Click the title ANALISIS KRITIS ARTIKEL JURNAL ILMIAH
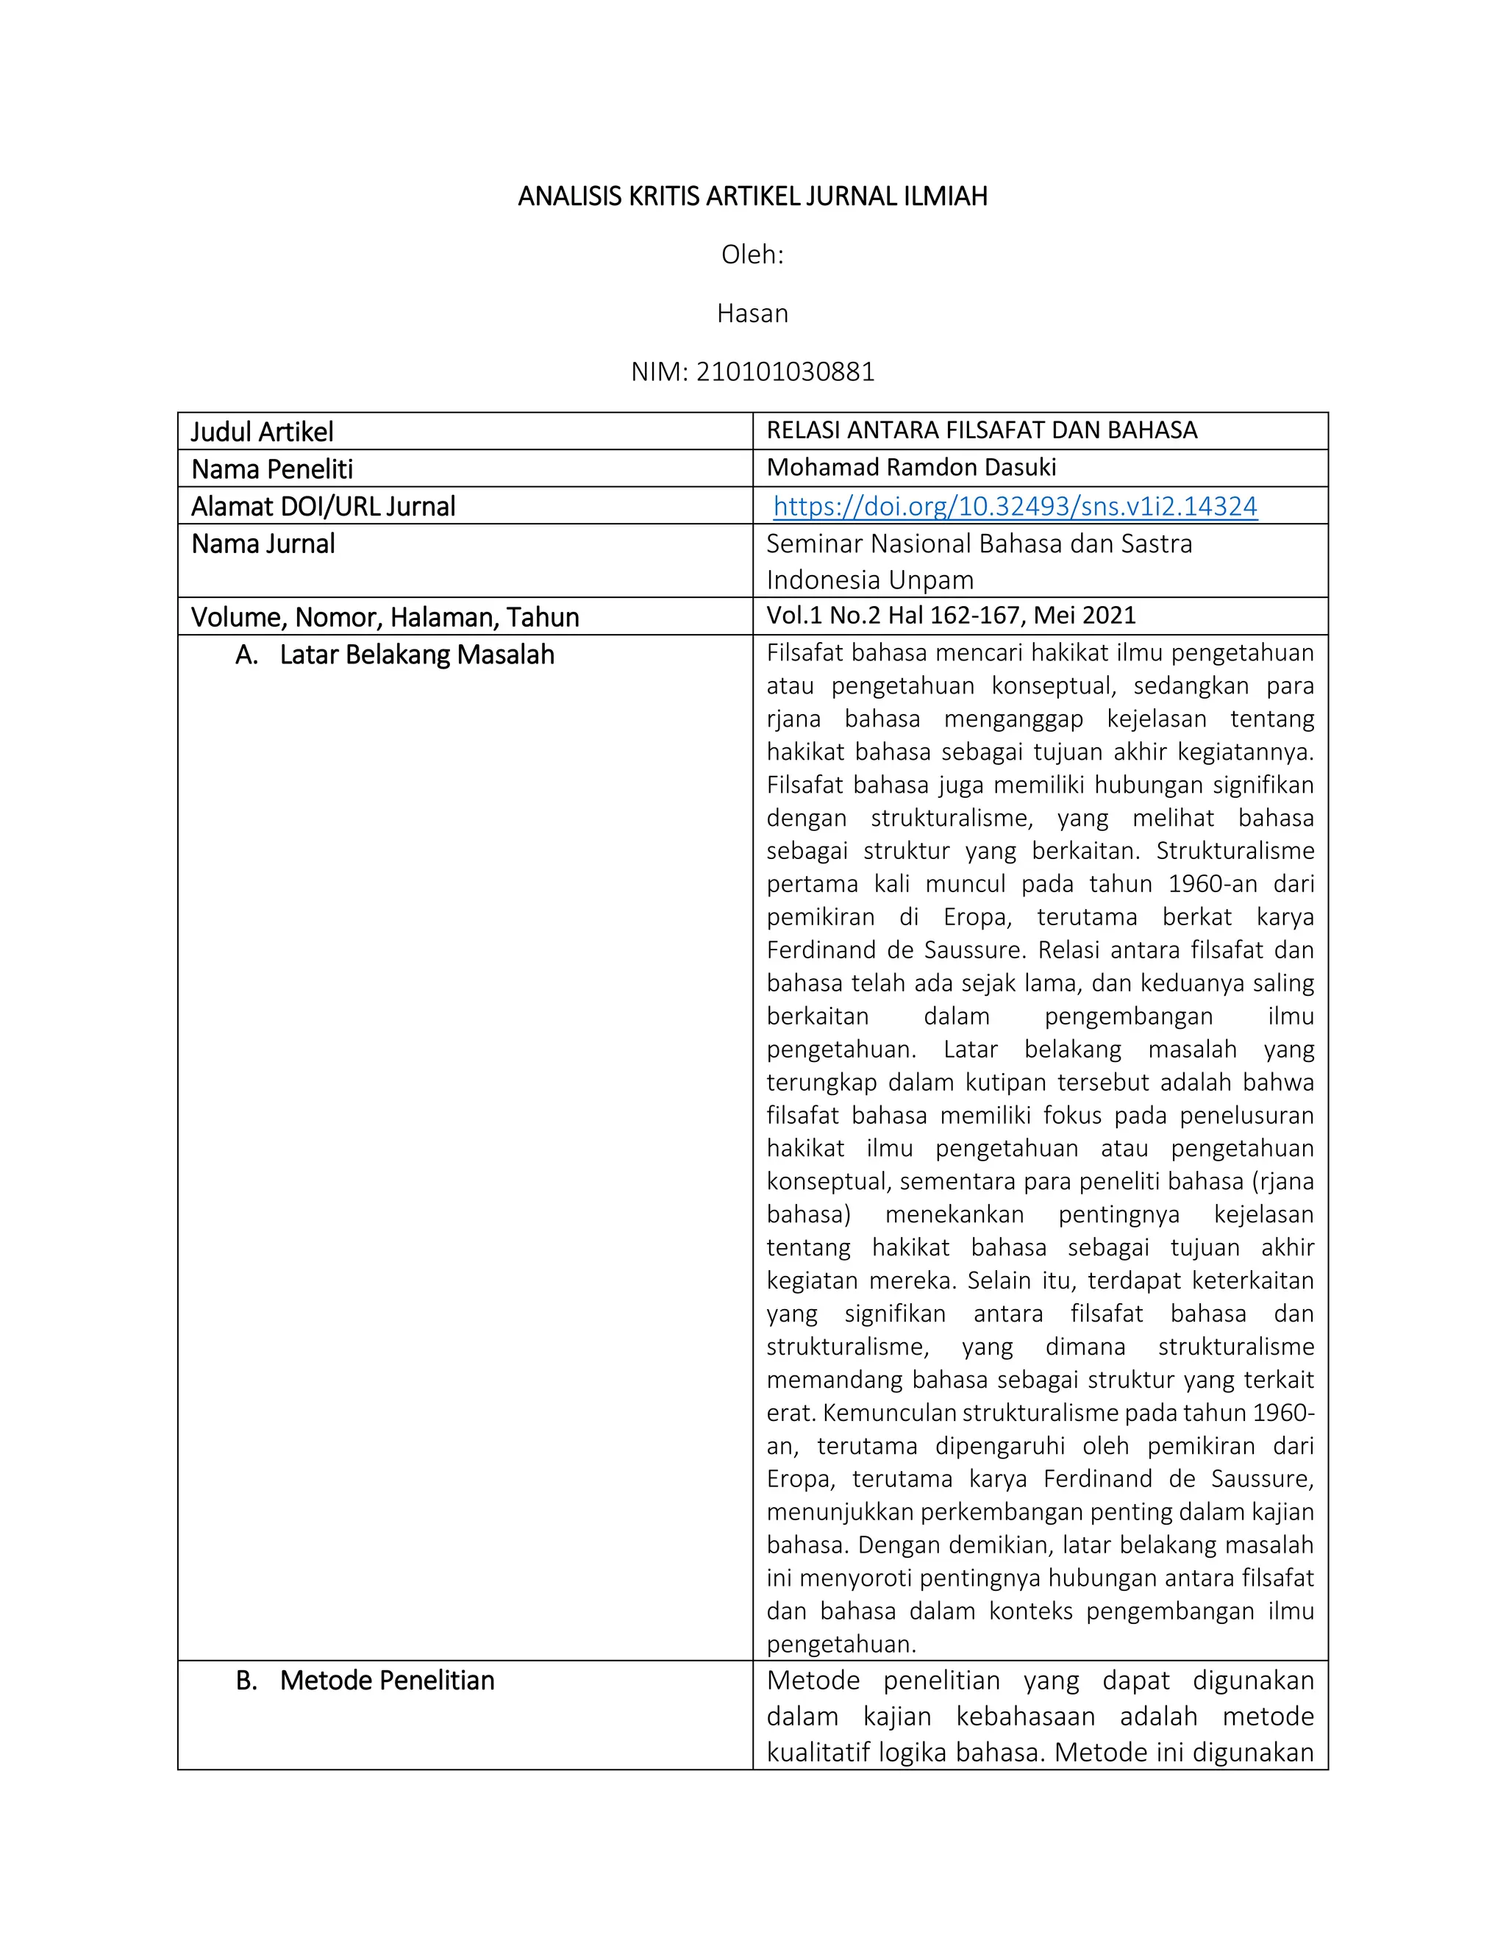[x=752, y=196]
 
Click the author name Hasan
[x=752, y=313]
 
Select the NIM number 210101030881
[x=785, y=371]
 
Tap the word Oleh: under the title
[x=752, y=255]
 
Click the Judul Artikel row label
[x=263, y=432]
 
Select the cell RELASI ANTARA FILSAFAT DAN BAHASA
[x=982, y=430]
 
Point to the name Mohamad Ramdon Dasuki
[x=911, y=468]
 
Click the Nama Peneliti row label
[x=272, y=469]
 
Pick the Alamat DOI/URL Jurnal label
[x=323, y=507]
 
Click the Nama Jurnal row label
[x=263, y=544]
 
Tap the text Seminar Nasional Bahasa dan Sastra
[x=979, y=544]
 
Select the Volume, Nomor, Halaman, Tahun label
[x=385, y=618]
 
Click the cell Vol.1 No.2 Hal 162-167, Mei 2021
[x=951, y=616]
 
